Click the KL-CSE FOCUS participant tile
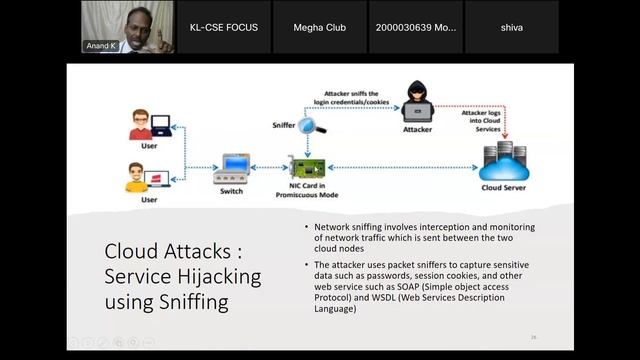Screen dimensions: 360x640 tap(223, 27)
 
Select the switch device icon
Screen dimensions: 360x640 tap(232, 166)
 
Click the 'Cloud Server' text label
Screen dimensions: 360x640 tap(503, 187)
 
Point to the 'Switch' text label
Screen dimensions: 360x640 tap(231, 190)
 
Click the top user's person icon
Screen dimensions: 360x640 tap(142, 127)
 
